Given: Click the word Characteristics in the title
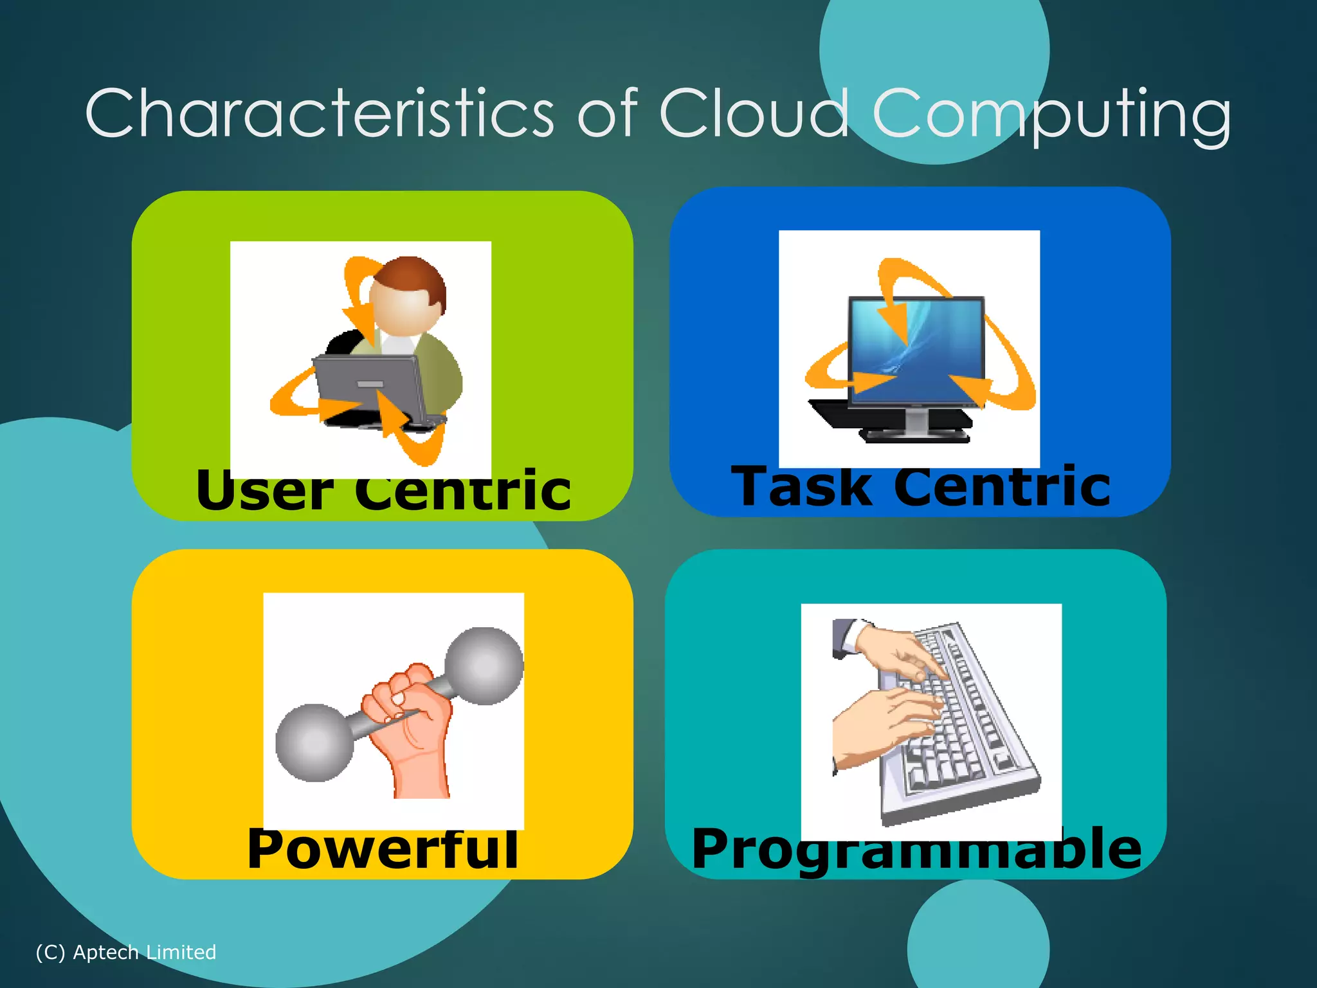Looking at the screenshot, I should pos(319,114).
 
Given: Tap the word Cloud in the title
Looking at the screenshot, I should pos(754,114).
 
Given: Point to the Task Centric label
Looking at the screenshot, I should pos(921,488).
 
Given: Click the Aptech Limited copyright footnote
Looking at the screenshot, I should pos(126,952).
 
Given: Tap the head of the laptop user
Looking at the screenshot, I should pos(408,296).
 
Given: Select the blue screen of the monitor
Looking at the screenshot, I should pos(917,347).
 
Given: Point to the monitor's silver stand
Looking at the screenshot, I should pos(916,421).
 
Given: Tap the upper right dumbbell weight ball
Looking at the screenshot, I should pos(484,665).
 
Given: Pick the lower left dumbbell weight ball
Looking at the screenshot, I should pos(314,742).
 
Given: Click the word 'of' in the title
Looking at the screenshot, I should pos(607,114).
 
